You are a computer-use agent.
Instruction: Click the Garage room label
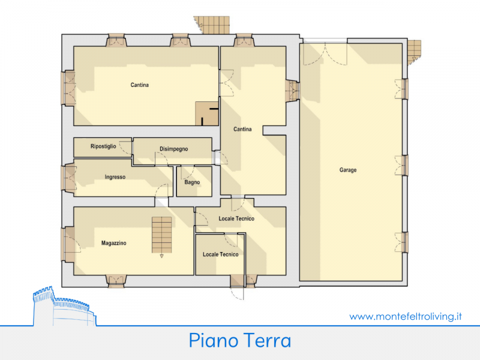click(348, 170)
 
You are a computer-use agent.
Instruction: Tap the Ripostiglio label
click(103, 146)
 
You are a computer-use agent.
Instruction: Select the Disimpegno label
click(173, 149)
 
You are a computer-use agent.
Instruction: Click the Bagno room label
click(192, 182)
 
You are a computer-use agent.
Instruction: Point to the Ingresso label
click(115, 177)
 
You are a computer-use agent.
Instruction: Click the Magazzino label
click(113, 243)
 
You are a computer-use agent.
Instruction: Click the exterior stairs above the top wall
click(212, 25)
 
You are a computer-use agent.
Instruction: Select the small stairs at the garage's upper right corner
click(414, 52)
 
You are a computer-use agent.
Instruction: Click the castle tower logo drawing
click(64, 307)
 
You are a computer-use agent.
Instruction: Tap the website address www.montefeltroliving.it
click(406, 316)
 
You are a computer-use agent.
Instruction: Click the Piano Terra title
click(239, 340)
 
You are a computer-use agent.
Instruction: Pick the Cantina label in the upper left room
click(140, 85)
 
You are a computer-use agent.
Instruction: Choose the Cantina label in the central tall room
click(242, 129)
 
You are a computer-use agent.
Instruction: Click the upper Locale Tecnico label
click(236, 218)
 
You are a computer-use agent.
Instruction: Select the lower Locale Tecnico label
click(220, 254)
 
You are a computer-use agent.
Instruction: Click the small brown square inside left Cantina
click(207, 113)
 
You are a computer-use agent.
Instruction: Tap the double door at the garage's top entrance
click(325, 54)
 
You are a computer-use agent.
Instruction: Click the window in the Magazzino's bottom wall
click(116, 281)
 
